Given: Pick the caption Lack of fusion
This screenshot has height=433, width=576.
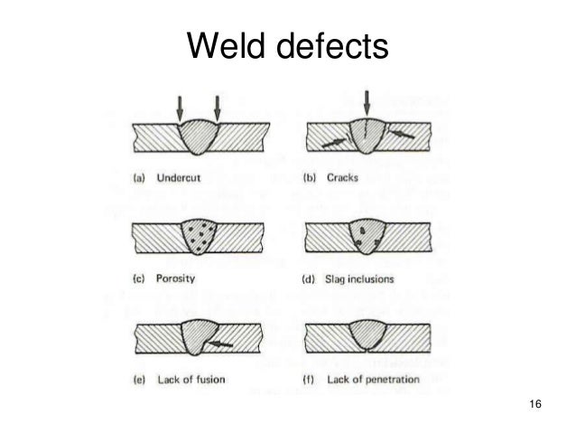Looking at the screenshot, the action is click(188, 380).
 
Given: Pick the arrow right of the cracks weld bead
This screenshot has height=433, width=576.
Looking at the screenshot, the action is click(403, 135).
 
